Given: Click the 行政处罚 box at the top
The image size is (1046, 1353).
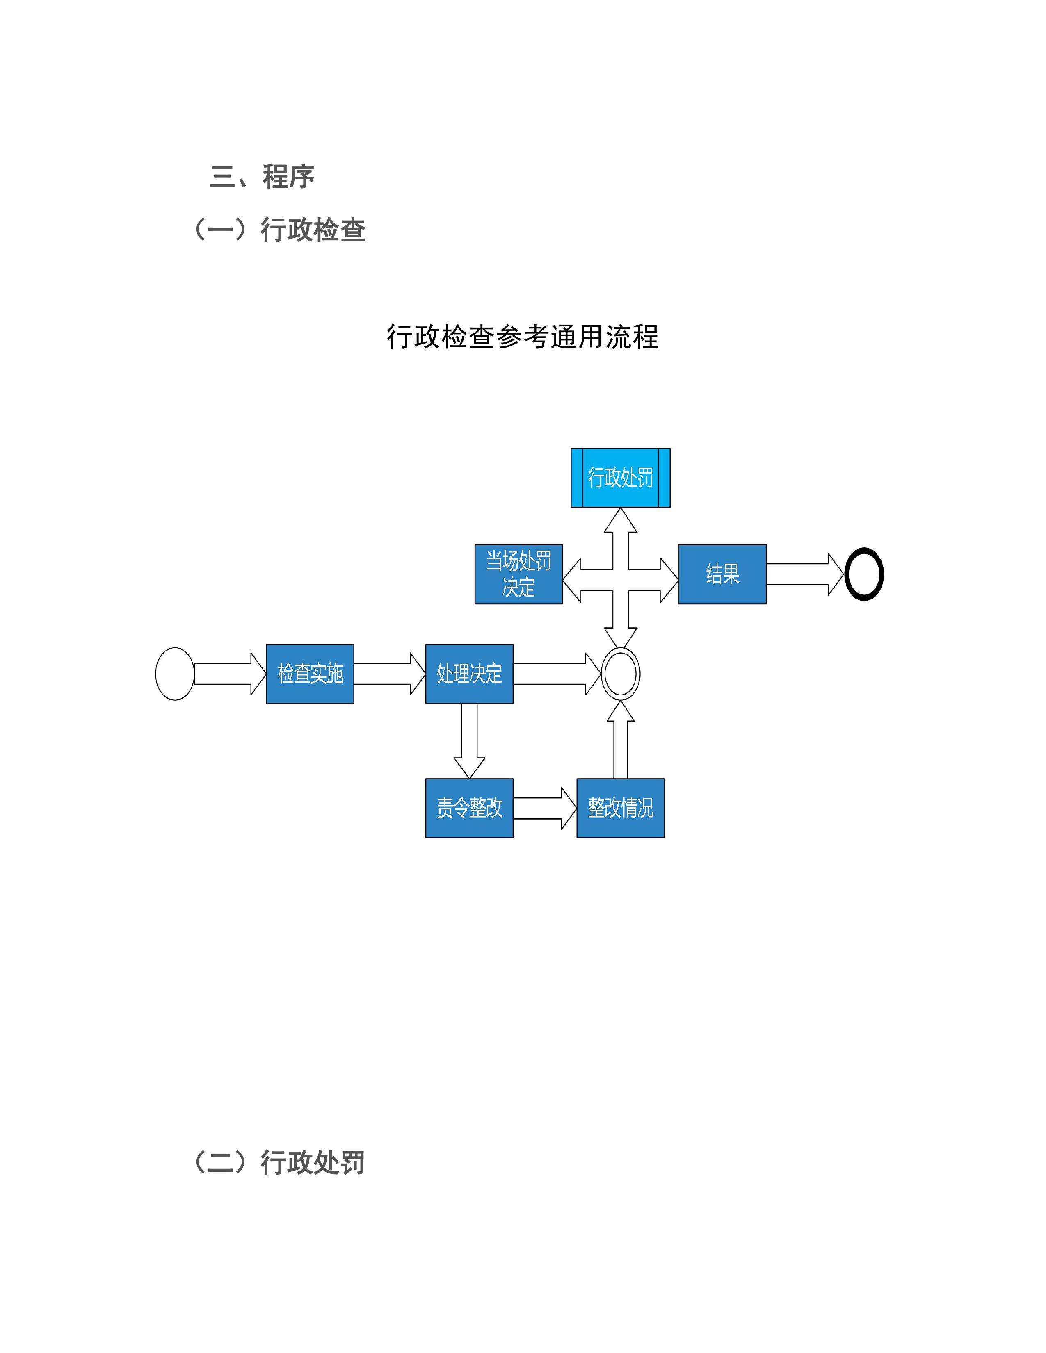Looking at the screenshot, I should [620, 478].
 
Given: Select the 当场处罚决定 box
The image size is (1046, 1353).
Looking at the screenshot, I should [518, 574].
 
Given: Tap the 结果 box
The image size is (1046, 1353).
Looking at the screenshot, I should [722, 574].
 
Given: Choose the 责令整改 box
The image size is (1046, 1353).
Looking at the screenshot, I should [469, 808].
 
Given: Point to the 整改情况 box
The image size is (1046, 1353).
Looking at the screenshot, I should [620, 808].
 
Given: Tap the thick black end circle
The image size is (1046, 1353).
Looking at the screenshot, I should [864, 574].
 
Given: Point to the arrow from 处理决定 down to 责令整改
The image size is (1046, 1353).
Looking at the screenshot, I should [469, 740].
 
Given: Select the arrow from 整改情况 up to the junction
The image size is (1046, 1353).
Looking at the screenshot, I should [620, 740].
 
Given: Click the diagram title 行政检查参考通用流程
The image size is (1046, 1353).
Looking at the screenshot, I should [522, 337].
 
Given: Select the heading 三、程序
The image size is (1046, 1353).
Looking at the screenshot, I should [262, 177].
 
